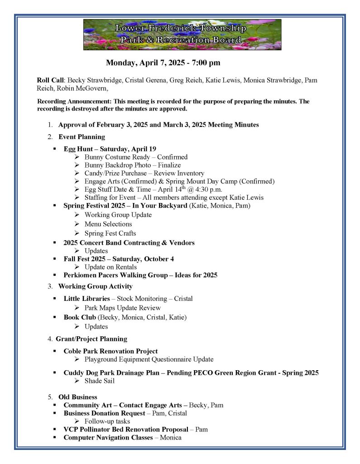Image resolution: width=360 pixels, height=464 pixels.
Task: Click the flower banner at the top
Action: (182, 34)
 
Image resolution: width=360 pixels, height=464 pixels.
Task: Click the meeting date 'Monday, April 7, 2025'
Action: (142, 63)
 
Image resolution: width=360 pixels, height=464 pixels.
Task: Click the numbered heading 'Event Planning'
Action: (82, 136)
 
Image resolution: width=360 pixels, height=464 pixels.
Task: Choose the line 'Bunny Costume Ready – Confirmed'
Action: (136, 157)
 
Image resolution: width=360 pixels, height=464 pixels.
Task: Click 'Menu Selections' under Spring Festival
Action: (108, 224)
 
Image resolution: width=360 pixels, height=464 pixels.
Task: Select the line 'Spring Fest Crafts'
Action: (110, 233)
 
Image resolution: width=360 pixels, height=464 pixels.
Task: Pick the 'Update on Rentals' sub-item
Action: (110, 267)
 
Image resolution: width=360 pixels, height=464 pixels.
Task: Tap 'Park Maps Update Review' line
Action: (122, 308)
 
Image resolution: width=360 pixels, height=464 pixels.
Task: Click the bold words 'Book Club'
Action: (80, 317)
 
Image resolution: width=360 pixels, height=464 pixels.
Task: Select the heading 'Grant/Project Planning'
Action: (91, 338)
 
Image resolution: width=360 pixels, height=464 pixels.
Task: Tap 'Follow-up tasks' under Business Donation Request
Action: (107, 421)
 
